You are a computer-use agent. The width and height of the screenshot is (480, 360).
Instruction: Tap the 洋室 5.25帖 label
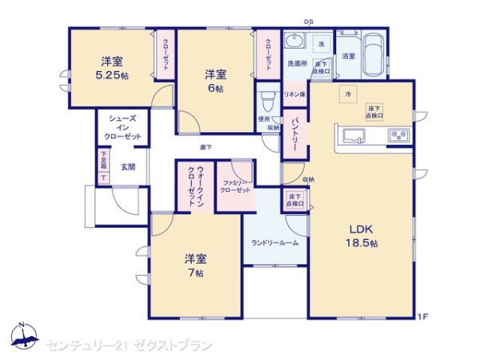coord(111,68)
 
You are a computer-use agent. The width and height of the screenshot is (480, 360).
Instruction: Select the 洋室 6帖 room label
coord(214,80)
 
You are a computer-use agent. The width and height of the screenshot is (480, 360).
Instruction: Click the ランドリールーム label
coord(274,242)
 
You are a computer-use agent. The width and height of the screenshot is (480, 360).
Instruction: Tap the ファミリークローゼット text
coord(236,186)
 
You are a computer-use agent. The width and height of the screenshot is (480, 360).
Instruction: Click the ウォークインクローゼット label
coord(195,186)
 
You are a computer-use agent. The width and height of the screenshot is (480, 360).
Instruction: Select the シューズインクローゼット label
coord(122,128)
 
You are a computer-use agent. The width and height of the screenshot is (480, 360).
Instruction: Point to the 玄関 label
coord(128,166)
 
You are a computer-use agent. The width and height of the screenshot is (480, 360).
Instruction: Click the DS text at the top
coord(308,22)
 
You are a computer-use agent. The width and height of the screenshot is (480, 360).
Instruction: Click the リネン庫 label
coord(294,94)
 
